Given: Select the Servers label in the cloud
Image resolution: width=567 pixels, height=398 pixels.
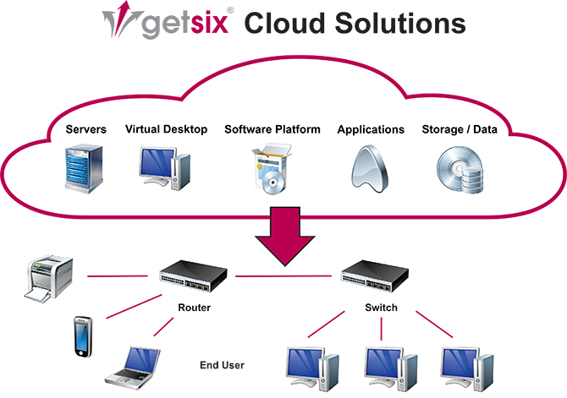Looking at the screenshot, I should [86, 129].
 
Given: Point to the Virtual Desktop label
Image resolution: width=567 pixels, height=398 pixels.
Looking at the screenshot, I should [166, 129].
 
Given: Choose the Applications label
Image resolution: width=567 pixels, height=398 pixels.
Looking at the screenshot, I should [371, 129].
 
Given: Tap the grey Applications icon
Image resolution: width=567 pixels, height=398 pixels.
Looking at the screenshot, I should [370, 165].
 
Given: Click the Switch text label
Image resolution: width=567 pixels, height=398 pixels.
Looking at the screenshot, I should [380, 308].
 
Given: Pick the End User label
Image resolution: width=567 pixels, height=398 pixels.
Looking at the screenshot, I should [222, 365].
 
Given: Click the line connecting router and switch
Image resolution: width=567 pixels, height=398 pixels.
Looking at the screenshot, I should [288, 275].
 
